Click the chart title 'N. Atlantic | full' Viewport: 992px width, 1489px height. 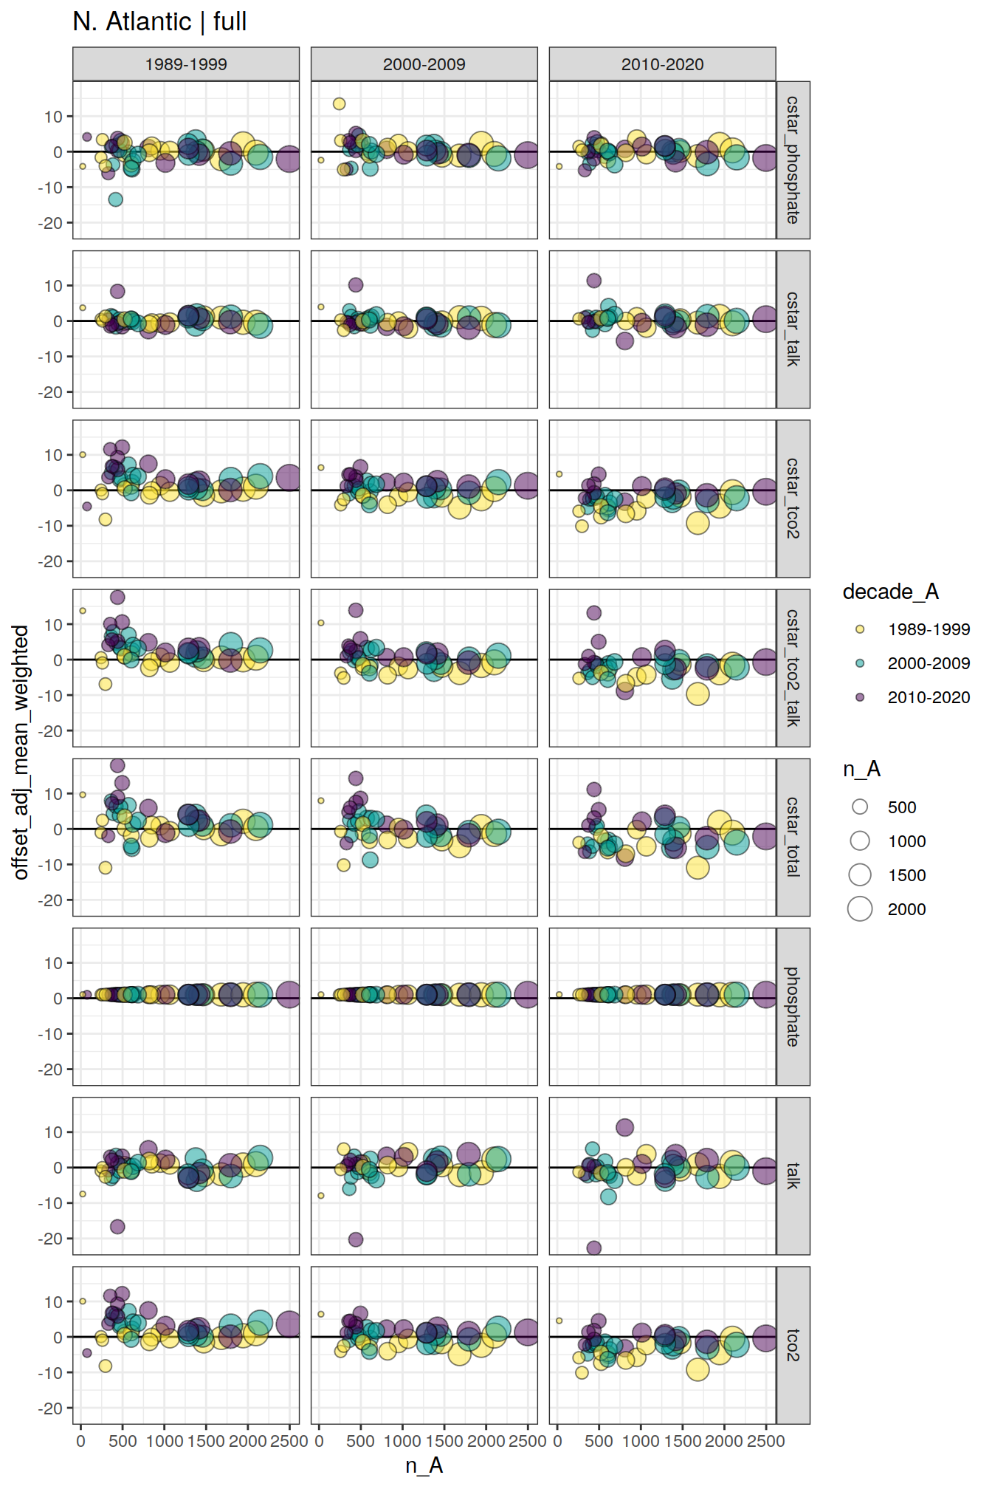[159, 21]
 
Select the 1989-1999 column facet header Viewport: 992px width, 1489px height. [186, 64]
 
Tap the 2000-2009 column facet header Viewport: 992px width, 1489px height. [424, 64]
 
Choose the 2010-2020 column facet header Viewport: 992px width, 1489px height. [662, 64]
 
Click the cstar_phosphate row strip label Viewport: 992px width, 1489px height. [793, 160]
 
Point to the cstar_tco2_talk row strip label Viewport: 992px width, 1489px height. [793, 668]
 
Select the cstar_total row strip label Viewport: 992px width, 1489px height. [793, 837]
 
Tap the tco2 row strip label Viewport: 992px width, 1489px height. [793, 1345]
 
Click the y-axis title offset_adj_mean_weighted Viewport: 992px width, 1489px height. [21, 752]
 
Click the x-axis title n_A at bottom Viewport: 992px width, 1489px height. [424, 1465]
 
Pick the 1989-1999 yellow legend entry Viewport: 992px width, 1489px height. [860, 629]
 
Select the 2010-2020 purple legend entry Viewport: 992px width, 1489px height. [860, 697]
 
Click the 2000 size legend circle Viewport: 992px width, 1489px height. [860, 909]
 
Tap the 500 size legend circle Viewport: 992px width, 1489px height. [860, 807]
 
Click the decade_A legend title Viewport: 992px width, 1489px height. [890, 592]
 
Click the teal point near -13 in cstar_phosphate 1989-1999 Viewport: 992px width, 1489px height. [115, 199]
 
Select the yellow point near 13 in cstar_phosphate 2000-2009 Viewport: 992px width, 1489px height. [339, 104]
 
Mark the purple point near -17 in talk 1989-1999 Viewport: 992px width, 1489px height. [117, 1227]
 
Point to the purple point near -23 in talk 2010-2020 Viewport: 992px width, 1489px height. [593, 1248]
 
